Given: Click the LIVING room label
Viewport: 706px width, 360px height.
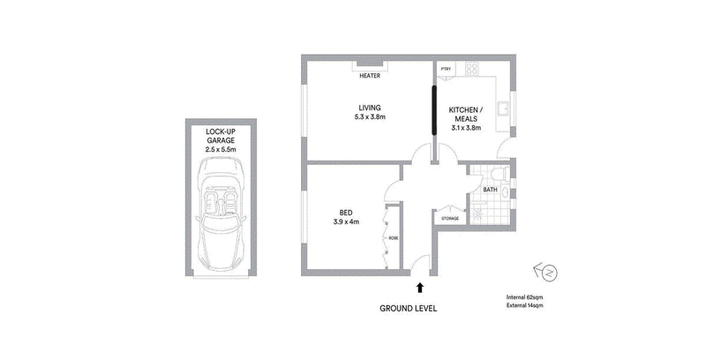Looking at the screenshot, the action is pos(370,108).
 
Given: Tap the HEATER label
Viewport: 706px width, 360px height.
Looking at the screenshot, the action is pos(370,76).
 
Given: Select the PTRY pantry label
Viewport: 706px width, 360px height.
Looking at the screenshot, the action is pos(446,69).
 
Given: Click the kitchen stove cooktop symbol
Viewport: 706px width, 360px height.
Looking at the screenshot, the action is pos(472,69).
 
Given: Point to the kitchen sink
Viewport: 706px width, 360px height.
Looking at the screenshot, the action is pos(503,109).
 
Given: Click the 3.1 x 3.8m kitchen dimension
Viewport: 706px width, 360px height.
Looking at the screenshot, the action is pos(466,128).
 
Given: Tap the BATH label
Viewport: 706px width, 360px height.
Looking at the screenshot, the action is pos(491,190).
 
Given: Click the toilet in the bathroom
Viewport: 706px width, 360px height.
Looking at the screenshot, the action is pos(499,173).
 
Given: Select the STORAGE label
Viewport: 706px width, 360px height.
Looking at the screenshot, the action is pos(450,219).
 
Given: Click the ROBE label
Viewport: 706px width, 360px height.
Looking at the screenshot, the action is pos(394,238).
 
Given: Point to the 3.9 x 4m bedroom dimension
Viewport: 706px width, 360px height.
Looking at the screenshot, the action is pos(346,221).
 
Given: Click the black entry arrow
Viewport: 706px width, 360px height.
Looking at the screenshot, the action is pos(420,288).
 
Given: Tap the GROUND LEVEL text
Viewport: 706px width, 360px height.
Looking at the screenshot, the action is pos(408,309).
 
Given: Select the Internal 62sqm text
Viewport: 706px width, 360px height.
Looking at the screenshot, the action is pos(524,297).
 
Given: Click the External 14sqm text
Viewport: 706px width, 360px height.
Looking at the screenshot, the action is pos(524,305).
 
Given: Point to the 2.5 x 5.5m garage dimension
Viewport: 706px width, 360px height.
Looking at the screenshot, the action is pos(221,149).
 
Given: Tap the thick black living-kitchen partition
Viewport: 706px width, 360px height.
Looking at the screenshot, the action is pos(434,110).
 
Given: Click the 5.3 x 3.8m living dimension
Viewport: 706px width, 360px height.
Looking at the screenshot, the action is pos(370,117).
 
